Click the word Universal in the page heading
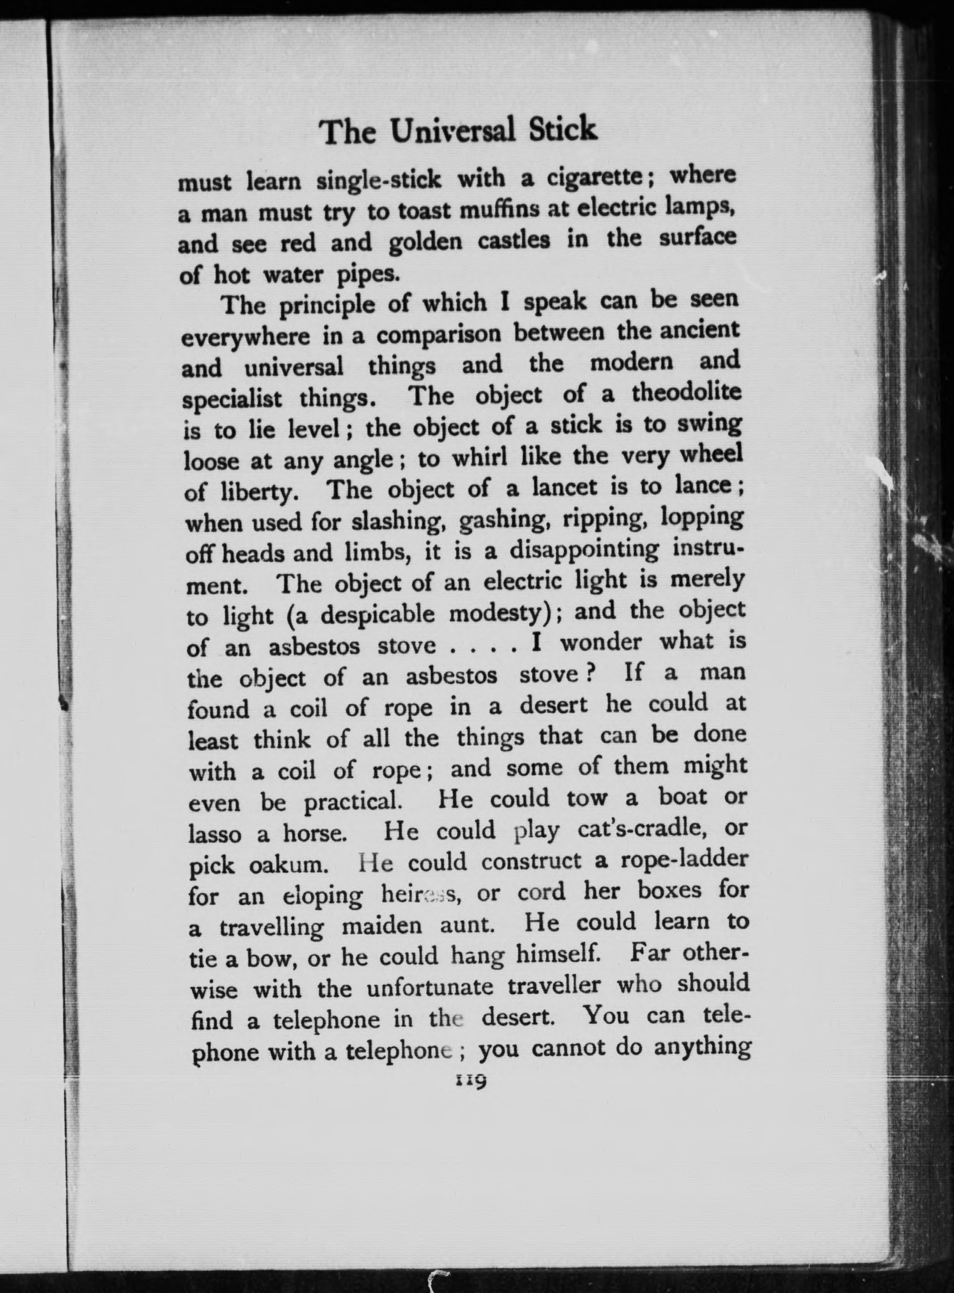[451, 132]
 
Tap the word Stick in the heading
[564, 129]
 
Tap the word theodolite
[686, 393]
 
